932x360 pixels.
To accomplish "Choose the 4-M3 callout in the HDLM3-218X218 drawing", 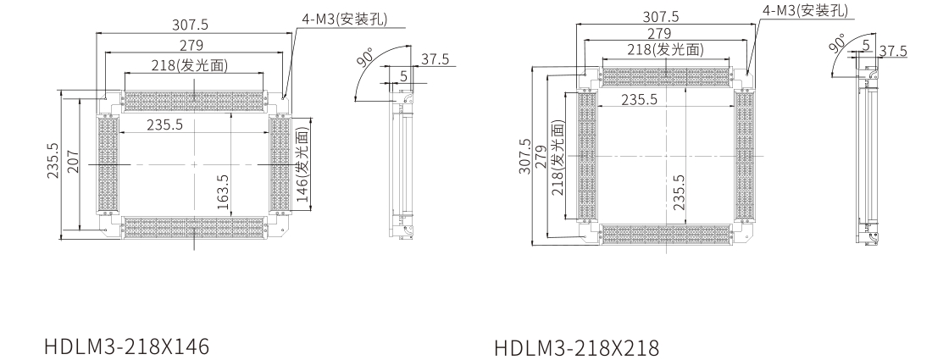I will (x=805, y=12).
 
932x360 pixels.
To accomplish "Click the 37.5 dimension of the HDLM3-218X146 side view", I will (x=434, y=59).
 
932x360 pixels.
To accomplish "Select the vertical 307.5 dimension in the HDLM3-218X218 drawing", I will (x=525, y=157).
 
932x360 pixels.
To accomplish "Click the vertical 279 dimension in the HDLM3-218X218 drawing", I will (x=542, y=158).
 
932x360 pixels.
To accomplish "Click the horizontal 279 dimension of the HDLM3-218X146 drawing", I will (x=193, y=44).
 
